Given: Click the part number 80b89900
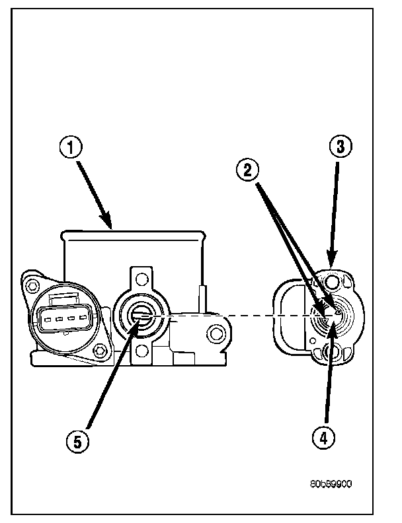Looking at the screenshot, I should point(330,483).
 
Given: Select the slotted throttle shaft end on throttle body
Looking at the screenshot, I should point(141,319).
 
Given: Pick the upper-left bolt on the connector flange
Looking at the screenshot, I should point(30,284).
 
